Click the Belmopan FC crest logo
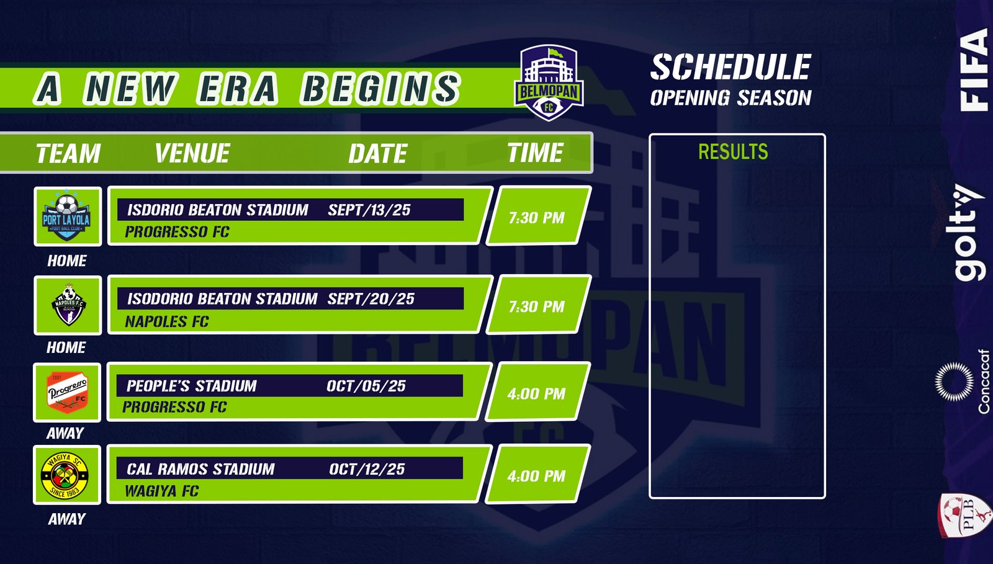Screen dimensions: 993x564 tap(549, 83)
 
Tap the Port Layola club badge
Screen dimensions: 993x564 tap(66, 216)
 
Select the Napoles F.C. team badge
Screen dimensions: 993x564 tap(69, 305)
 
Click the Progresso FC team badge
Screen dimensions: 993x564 tap(68, 392)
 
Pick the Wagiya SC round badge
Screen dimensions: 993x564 tap(65, 475)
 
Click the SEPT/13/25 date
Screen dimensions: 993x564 tap(369, 210)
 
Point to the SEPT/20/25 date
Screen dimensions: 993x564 tap(371, 298)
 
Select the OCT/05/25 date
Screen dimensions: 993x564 tap(366, 386)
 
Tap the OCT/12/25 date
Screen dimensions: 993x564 tap(367, 468)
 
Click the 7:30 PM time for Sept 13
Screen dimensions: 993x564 tap(536, 218)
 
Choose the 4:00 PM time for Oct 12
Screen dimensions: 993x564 tap(536, 476)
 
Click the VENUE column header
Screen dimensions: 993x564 tap(192, 153)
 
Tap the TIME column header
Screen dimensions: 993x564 tap(535, 153)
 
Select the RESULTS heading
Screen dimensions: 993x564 tap(733, 151)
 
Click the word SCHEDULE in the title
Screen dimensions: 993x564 tap(730, 67)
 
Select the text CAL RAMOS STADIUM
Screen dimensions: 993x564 tap(201, 468)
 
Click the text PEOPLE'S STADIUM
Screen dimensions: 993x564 tap(192, 386)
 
